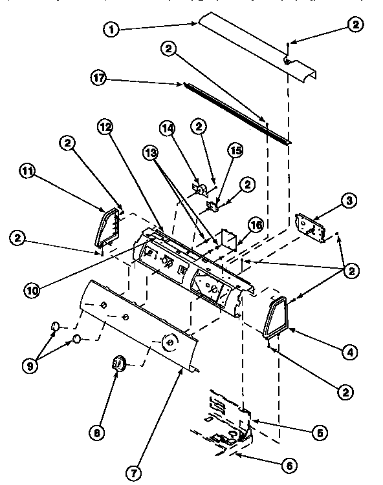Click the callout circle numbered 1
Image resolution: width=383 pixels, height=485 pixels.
click(x=112, y=29)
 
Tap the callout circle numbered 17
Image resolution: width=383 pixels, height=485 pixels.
click(x=99, y=78)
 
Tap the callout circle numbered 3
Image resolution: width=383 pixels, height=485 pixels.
click(x=348, y=201)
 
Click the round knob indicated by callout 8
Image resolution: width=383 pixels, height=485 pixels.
click(x=119, y=364)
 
